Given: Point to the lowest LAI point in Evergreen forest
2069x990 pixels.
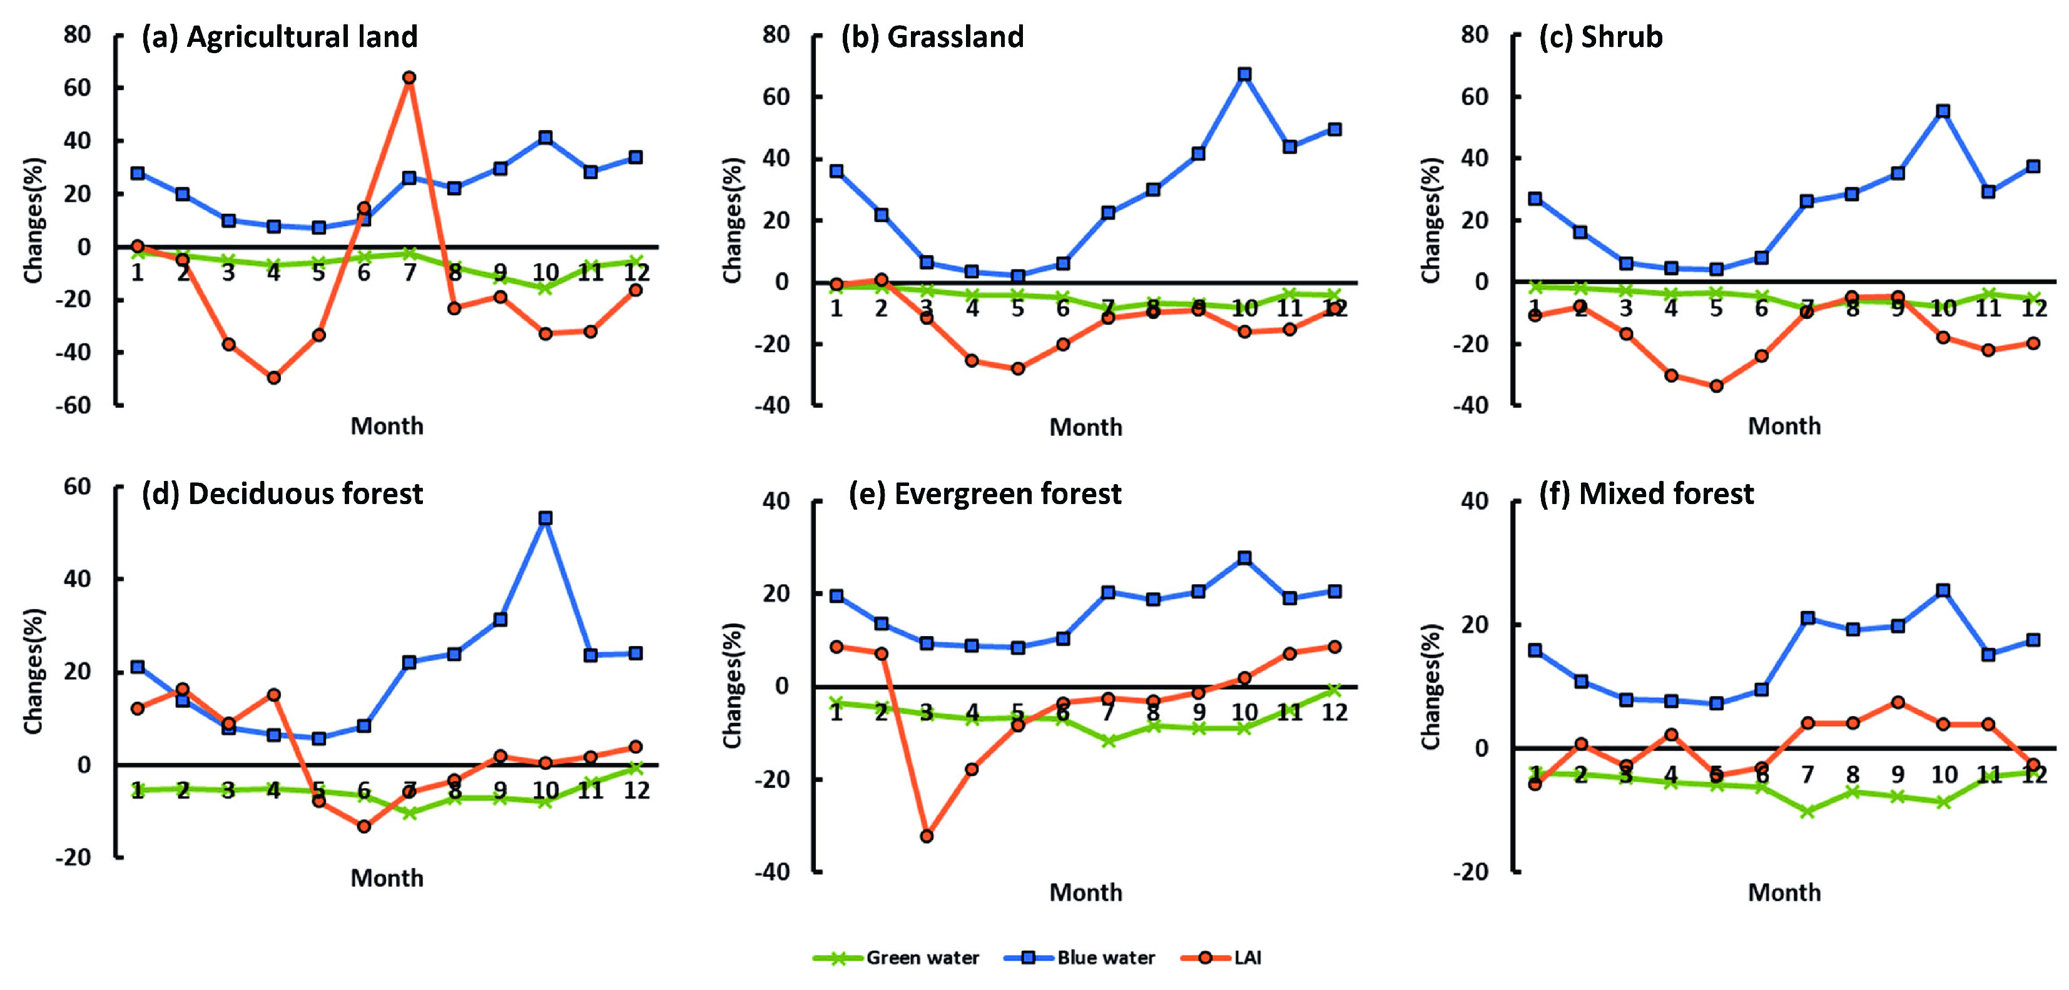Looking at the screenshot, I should (926, 836).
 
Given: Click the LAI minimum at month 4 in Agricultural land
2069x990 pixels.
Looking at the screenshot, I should (274, 377).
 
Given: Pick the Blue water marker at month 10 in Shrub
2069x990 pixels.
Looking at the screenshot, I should (1943, 111).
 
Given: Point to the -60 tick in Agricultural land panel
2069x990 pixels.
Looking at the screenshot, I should (74, 405).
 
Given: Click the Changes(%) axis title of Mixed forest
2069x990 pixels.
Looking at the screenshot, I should (1430, 687).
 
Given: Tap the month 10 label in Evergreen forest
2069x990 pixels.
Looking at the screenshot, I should (1244, 712).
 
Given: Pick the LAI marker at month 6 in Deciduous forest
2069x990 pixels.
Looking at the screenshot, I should (364, 826).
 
